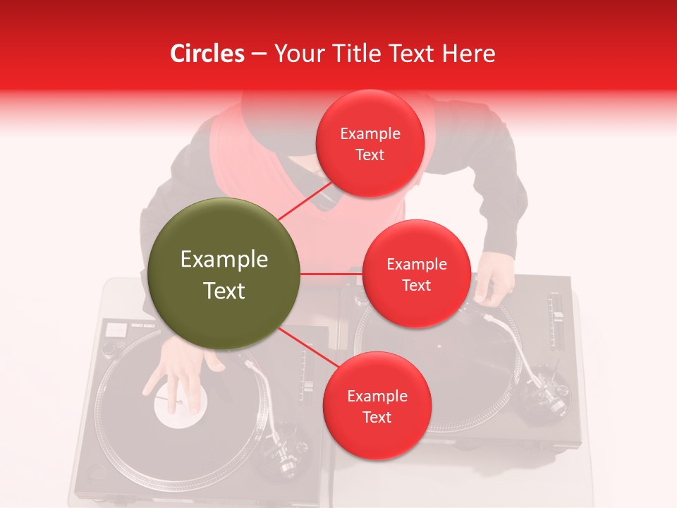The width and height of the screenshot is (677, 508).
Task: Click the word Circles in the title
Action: (207, 54)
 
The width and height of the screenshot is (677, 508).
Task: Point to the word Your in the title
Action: (299, 54)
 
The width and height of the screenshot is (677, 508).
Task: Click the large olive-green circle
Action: (224, 274)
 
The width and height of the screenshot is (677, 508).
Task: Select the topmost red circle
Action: (370, 144)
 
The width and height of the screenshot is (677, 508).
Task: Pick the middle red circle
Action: (416, 274)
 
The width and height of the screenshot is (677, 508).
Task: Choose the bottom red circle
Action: (377, 406)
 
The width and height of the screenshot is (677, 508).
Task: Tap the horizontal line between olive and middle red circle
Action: (331, 274)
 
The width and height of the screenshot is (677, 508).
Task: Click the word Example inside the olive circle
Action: (224, 260)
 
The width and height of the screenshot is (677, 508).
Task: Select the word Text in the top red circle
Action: (370, 155)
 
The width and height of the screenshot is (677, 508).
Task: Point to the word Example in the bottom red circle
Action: (377, 397)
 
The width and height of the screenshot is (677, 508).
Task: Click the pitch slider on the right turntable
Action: (557, 317)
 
